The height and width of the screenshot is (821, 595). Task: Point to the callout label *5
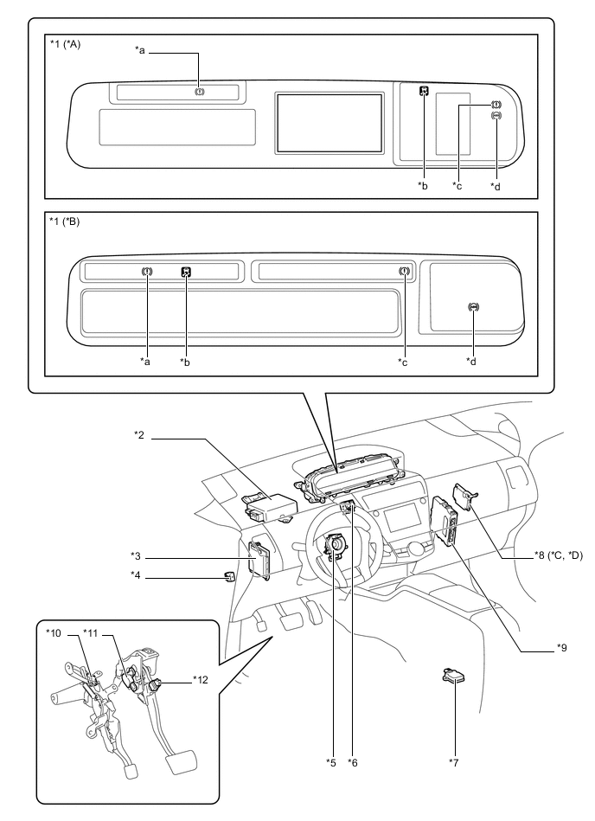(330, 761)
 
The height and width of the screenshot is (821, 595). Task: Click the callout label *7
(454, 761)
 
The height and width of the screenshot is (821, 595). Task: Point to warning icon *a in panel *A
(200, 91)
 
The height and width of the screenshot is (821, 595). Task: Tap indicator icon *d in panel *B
(472, 307)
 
